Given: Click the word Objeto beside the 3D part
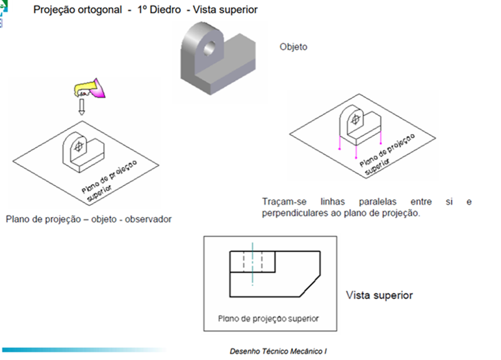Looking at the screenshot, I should point(293,47).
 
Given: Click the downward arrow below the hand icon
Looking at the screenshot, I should point(82,107).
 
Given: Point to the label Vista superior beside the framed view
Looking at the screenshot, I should point(379,295).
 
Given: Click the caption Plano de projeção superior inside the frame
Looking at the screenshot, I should point(269,318).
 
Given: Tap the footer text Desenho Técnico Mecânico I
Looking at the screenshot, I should point(278,351).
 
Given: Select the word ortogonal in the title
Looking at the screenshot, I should point(98,10).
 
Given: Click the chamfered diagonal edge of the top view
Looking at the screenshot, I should point(307,285).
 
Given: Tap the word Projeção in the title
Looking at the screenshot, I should point(54,10).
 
